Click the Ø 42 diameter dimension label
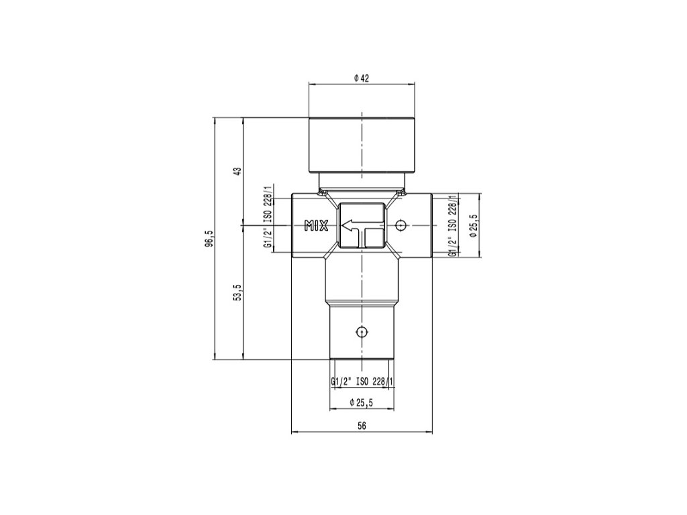(362, 78)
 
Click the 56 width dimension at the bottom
(362, 425)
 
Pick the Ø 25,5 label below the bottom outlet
(362, 402)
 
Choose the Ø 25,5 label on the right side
(472, 225)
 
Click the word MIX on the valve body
(317, 225)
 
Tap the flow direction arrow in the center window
(362, 230)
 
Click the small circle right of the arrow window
(400, 225)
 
